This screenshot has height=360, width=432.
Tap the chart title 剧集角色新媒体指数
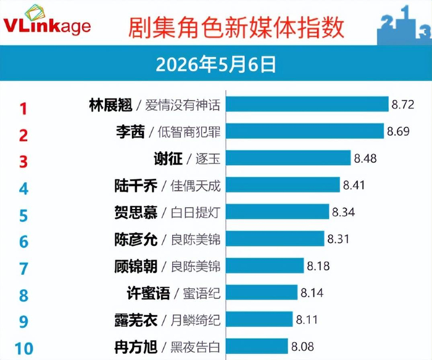click(x=236, y=28)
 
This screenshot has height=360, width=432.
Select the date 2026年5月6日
click(x=216, y=64)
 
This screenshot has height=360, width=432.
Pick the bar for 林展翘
click(x=307, y=104)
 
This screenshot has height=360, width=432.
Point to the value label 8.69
click(x=398, y=131)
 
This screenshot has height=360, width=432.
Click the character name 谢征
click(x=168, y=159)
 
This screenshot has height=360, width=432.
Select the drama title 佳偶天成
click(x=196, y=186)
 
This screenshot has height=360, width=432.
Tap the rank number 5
click(x=23, y=216)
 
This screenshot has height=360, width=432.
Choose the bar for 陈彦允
click(x=275, y=239)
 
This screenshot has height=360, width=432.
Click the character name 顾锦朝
click(x=136, y=266)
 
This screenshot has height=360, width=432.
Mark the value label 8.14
click(x=312, y=293)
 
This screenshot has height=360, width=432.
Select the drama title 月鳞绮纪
click(x=196, y=320)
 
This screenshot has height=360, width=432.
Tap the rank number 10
click(x=24, y=348)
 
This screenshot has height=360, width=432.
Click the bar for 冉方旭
click(x=257, y=346)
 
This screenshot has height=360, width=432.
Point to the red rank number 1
click(x=23, y=108)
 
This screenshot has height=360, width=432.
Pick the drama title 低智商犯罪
click(x=189, y=132)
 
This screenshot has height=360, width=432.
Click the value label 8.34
click(x=343, y=212)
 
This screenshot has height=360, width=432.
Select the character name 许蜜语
click(x=148, y=293)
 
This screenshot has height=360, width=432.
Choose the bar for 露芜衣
click(x=259, y=319)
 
